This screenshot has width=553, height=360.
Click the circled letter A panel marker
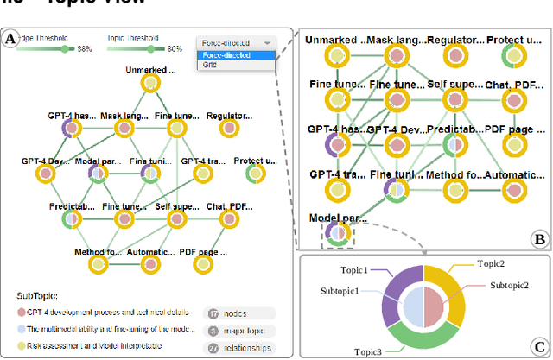pyautogui.click(x=11, y=39)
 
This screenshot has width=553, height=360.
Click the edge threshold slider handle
pyautogui.click(x=63, y=49)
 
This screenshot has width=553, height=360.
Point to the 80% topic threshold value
pyautogui.click(x=175, y=49)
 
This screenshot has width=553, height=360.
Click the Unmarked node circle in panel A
pyautogui.click(x=149, y=84)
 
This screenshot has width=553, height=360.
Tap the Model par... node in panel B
pyautogui.click(x=332, y=234)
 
